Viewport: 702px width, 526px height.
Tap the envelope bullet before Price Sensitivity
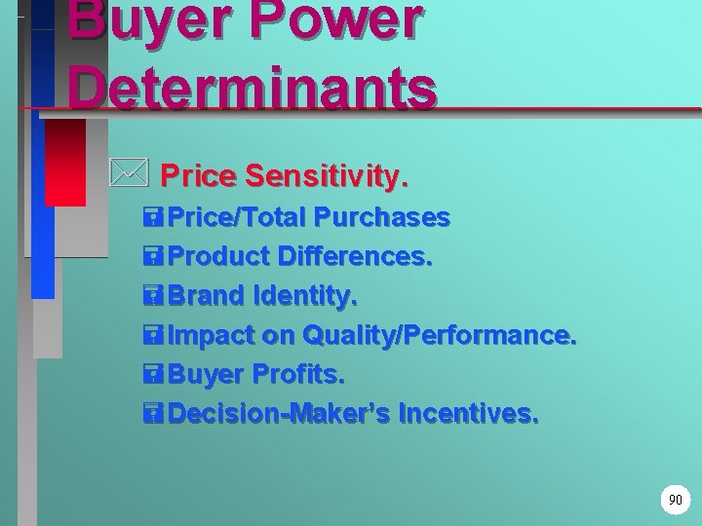click(x=128, y=176)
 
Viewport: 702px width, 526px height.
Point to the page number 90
click(x=675, y=500)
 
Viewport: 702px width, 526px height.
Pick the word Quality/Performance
click(x=440, y=337)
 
